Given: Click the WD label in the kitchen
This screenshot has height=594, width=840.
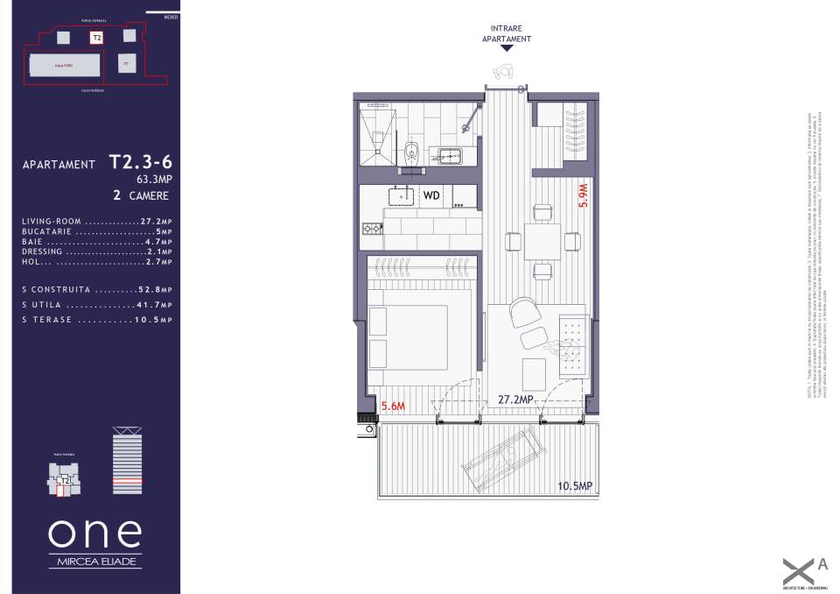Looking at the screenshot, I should (x=431, y=195).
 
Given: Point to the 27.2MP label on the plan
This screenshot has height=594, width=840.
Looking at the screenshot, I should (x=516, y=400).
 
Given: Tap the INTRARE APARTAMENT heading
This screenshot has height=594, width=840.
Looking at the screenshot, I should (x=507, y=34).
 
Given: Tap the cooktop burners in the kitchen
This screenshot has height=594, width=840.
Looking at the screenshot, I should (x=372, y=229).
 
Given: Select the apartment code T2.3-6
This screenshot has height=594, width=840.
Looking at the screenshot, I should (x=140, y=162).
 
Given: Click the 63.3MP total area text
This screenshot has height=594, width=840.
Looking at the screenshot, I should (x=154, y=180).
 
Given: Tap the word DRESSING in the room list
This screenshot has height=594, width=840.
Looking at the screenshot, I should (x=43, y=251).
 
